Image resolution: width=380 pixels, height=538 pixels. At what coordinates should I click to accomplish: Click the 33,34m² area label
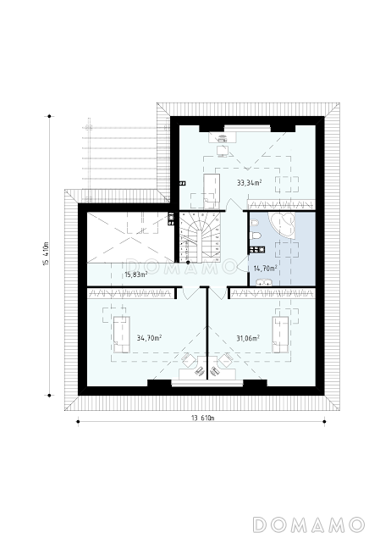(x=249, y=183)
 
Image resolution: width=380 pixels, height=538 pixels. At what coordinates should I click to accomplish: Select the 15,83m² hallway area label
(x=135, y=275)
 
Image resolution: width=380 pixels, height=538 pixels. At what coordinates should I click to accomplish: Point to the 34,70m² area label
(x=149, y=338)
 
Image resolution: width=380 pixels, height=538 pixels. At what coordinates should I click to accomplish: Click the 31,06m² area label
(x=248, y=338)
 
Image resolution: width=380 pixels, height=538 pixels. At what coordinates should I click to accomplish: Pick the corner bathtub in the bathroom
(x=283, y=224)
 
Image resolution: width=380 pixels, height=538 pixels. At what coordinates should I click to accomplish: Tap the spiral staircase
(x=200, y=237)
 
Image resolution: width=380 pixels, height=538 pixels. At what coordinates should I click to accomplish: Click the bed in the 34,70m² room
(x=122, y=335)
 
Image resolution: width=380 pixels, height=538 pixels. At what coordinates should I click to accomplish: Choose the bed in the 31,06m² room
(x=280, y=335)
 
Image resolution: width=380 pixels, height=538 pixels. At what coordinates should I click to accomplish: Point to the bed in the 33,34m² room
(x=212, y=191)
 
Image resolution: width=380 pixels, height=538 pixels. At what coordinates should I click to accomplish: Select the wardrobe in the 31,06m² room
(x=272, y=293)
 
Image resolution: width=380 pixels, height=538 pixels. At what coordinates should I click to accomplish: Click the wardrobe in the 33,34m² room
(x=280, y=205)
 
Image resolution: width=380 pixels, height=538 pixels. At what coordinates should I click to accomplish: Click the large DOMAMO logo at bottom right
(x=308, y=524)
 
